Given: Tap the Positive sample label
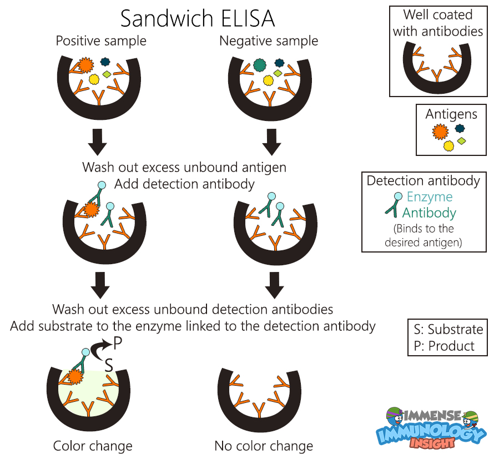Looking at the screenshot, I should [101, 41].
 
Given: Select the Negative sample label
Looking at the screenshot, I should [269, 41].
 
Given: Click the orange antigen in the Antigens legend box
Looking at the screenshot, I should [440, 132].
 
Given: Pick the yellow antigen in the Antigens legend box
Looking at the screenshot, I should [448, 145].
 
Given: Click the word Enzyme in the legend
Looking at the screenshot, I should [429, 197].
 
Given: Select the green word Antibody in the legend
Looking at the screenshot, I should [429, 213].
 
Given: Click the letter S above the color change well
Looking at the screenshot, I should [109, 364].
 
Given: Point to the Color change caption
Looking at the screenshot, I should [93, 446].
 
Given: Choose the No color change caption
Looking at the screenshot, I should [264, 446].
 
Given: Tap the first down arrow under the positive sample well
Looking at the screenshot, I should [98, 143].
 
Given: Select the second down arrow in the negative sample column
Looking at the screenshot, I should [274, 285].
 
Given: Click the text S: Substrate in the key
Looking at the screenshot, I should [447, 329].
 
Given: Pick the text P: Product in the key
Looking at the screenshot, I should [444, 346].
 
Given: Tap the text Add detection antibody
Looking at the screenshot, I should [184, 184].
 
